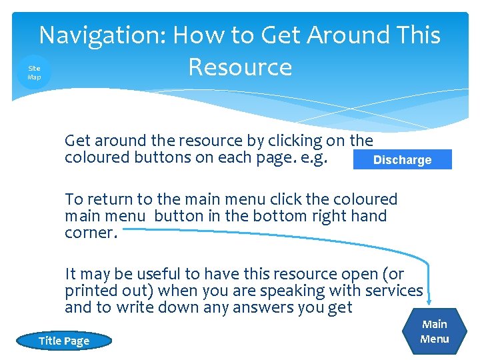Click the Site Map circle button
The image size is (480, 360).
(x=34, y=73)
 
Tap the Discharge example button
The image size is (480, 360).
(x=402, y=160)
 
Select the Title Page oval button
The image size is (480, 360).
(x=64, y=341)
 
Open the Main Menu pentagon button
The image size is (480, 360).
(x=435, y=331)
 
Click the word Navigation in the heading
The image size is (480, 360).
(x=99, y=35)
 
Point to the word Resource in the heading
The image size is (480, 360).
(x=240, y=67)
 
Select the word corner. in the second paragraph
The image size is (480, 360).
(x=93, y=233)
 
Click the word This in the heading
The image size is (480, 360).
(x=419, y=35)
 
